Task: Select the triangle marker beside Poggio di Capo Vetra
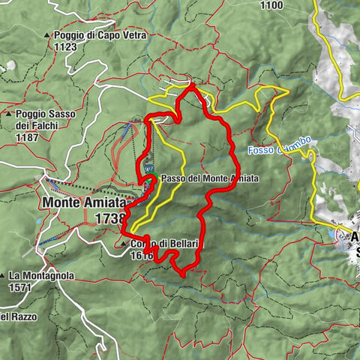pyautogui.click(x=46, y=35)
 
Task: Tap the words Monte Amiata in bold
pyautogui.click(x=82, y=202)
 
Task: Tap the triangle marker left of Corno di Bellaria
pyautogui.click(x=124, y=244)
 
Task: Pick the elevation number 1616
pyautogui.click(x=141, y=255)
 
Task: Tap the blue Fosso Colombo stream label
pyautogui.click(x=276, y=151)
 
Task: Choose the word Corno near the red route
pyautogui.click(x=143, y=244)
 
